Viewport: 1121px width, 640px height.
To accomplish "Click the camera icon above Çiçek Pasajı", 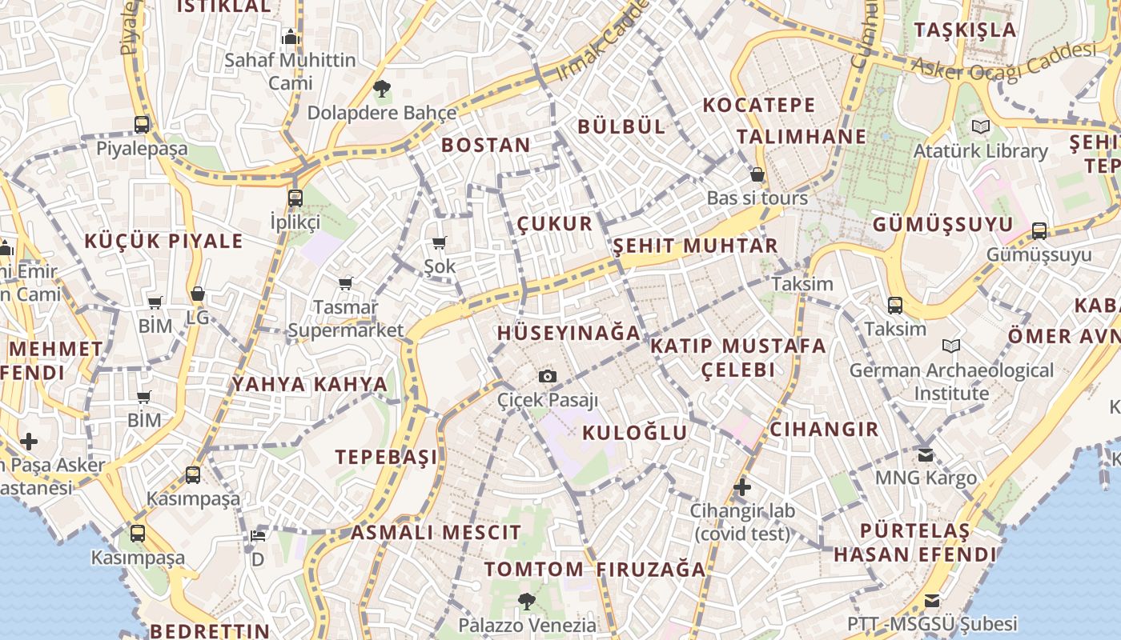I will pyautogui.click(x=548, y=376).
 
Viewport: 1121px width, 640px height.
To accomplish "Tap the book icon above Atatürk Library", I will pyautogui.click(x=980, y=127).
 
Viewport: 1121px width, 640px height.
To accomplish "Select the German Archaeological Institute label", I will pyautogui.click(x=951, y=382).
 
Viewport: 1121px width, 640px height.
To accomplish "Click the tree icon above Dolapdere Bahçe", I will pyautogui.click(x=382, y=89).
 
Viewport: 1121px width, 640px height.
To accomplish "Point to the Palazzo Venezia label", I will pyautogui.click(x=527, y=625).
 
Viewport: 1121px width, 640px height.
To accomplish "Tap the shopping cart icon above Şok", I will pyautogui.click(x=439, y=243).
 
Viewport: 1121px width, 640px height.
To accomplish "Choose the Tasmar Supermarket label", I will pyautogui.click(x=346, y=318).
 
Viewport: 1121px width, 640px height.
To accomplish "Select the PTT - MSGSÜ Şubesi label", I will pyautogui.click(x=932, y=623).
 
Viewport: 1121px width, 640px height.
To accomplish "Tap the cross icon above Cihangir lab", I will pyautogui.click(x=742, y=486).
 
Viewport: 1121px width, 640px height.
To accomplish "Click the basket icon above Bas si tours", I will pyautogui.click(x=757, y=174).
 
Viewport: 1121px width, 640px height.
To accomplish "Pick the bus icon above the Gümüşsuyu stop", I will pyautogui.click(x=1039, y=231).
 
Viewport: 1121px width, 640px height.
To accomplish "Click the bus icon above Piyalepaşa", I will pyautogui.click(x=142, y=125).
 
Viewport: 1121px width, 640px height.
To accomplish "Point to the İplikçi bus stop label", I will pyautogui.click(x=295, y=222).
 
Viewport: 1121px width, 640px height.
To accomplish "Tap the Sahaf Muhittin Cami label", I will pyautogui.click(x=290, y=71).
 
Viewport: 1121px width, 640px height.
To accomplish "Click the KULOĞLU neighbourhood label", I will pyautogui.click(x=634, y=433).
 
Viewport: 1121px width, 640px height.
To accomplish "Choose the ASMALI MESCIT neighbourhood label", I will pyautogui.click(x=436, y=532).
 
